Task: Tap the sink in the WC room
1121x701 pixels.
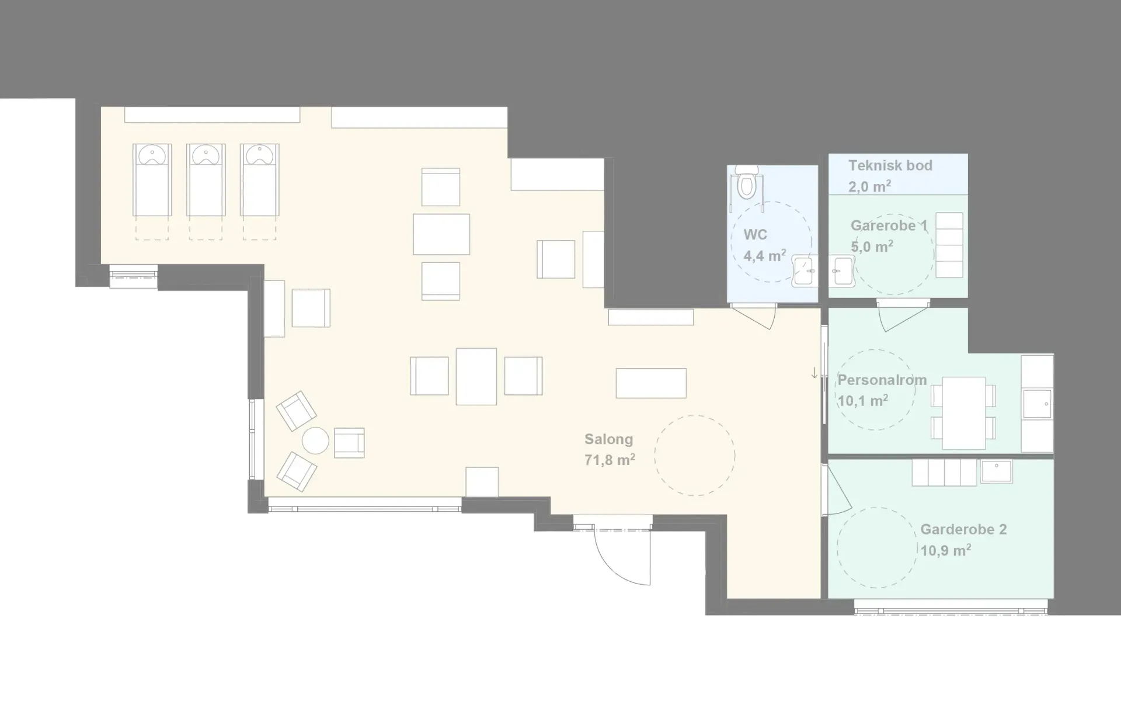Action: coord(805,271)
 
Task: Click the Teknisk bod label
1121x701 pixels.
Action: coord(890,165)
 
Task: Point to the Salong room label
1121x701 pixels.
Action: coord(608,439)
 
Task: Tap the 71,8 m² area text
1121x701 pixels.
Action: coord(610,460)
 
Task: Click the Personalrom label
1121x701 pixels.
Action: coord(882,380)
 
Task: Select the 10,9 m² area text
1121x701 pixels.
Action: coord(946,550)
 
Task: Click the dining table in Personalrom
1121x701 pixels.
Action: coord(963,412)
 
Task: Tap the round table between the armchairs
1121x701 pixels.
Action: coord(316,440)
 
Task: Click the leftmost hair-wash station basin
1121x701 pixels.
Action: coord(152,155)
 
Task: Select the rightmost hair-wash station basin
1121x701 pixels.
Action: coord(260,155)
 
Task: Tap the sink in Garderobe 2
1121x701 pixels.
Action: coord(997,471)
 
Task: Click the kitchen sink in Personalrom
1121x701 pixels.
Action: coord(1038,404)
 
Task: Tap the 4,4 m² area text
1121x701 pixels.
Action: coord(765,256)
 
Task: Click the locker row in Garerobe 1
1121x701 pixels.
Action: coord(949,245)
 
